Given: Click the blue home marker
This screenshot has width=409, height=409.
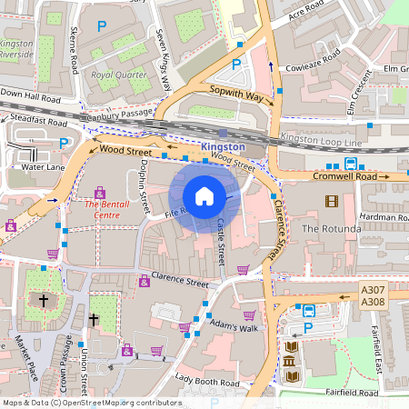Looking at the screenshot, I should (204, 196).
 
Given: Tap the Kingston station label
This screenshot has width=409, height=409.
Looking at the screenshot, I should (223, 146).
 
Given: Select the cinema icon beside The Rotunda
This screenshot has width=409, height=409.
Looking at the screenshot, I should (331, 202).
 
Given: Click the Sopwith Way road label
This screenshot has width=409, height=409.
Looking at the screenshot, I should (235, 94).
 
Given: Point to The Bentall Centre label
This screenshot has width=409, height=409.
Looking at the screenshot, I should (102, 210).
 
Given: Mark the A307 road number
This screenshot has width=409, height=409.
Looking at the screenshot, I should (373, 291).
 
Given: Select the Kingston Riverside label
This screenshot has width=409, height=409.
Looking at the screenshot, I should (15, 49).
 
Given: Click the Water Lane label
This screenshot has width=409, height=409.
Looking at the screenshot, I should (43, 167).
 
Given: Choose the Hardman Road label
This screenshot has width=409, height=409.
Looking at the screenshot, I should (384, 217).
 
